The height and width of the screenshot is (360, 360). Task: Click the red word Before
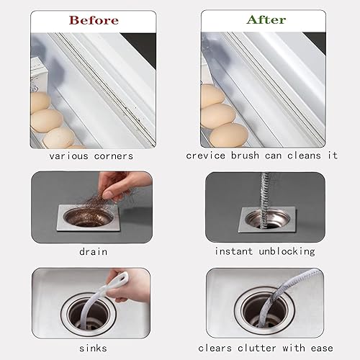(94, 20)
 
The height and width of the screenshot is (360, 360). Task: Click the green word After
(266, 19)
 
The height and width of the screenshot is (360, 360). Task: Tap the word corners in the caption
(114, 156)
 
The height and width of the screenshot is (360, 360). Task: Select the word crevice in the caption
(206, 156)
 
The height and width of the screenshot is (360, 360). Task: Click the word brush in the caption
(245, 156)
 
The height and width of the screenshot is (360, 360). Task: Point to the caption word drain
(94, 252)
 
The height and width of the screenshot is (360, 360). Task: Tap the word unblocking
(287, 251)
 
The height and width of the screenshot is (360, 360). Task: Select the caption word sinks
(93, 348)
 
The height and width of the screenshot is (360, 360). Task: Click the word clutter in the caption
(257, 348)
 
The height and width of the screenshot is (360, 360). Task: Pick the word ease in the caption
(322, 348)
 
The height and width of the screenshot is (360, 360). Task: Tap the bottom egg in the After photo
(229, 135)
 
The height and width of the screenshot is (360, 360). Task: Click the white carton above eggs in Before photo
(38, 74)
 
